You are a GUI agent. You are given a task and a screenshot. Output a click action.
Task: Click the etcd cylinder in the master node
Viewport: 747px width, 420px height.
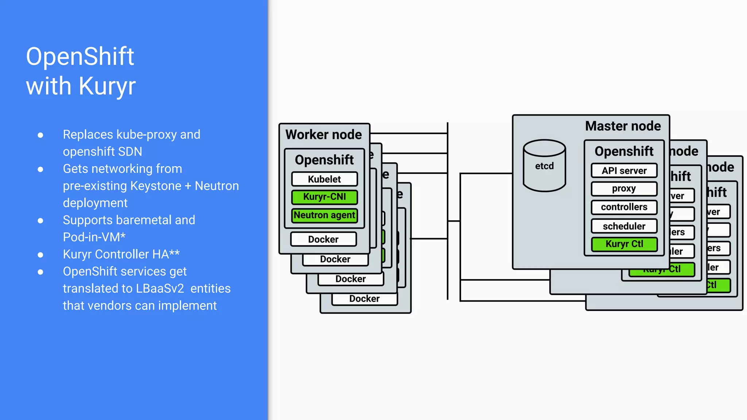click(544, 166)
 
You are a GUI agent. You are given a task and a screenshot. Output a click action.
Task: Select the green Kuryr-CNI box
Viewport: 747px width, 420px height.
click(324, 197)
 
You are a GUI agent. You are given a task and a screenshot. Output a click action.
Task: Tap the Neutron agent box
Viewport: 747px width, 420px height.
click(324, 215)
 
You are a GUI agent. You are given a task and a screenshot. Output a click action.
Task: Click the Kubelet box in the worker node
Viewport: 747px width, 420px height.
click(324, 179)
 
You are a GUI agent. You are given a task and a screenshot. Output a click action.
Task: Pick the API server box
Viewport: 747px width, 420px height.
click(624, 171)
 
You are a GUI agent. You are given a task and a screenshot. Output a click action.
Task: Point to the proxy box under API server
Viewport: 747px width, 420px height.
click(624, 189)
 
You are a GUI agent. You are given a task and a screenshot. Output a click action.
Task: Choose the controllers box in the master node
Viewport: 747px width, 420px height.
click(624, 207)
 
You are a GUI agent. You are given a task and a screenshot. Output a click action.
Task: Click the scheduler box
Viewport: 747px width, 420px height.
click(624, 226)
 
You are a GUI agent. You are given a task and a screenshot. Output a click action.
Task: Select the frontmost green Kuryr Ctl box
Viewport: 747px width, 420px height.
click(624, 244)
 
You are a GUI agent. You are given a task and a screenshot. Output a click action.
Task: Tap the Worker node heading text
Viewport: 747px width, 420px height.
click(324, 135)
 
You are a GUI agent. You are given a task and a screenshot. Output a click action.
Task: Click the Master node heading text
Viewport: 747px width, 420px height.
click(623, 126)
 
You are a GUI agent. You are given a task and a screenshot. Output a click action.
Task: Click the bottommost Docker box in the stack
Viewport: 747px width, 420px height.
click(364, 299)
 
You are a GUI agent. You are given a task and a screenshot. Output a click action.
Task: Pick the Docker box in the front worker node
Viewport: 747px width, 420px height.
click(323, 239)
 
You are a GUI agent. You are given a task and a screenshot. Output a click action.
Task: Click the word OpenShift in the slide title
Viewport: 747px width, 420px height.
click(80, 57)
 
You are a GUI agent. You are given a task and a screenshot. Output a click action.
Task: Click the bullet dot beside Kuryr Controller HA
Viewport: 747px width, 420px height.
click(40, 254)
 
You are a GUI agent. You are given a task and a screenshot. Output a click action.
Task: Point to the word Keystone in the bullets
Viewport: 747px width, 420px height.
click(156, 186)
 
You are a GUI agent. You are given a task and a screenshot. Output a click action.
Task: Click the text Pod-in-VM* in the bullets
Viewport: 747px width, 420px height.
click(94, 237)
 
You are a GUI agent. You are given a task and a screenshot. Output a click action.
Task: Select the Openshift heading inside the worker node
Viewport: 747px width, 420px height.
click(324, 160)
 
